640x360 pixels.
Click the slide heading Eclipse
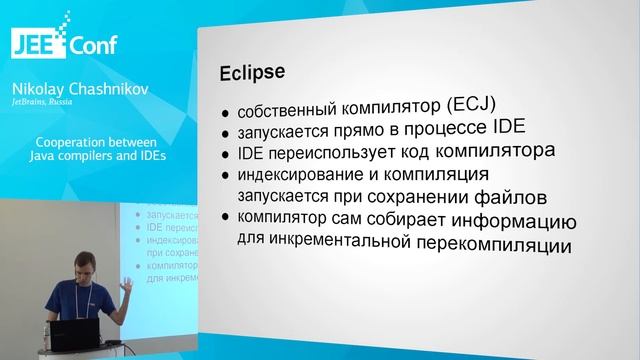(x=252, y=74)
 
